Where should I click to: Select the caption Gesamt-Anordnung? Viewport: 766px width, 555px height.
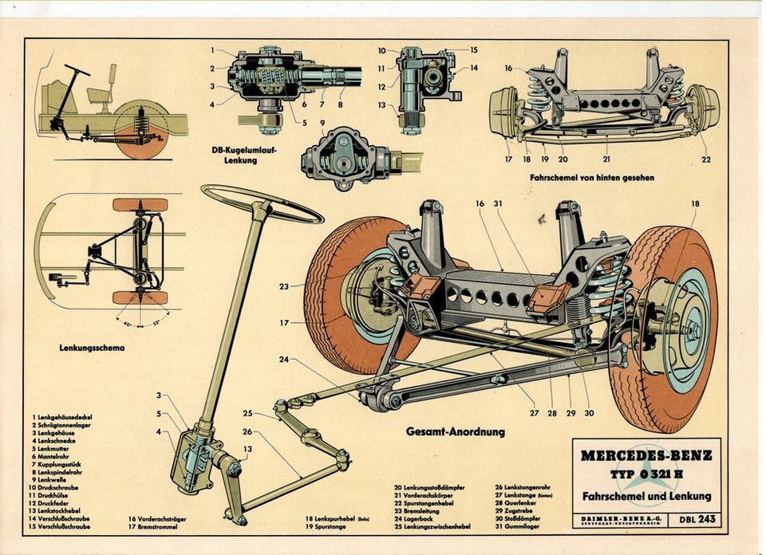click(x=456, y=432)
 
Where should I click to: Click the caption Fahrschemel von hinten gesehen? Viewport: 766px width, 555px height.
click(x=591, y=177)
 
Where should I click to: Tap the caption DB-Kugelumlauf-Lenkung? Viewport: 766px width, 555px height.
click(x=244, y=155)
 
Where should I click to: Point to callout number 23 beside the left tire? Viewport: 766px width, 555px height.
click(x=283, y=285)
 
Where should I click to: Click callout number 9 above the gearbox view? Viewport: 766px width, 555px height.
click(x=322, y=123)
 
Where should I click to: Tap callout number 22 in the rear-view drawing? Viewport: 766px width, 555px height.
click(x=706, y=159)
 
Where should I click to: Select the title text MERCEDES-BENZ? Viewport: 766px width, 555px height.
click(x=647, y=456)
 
